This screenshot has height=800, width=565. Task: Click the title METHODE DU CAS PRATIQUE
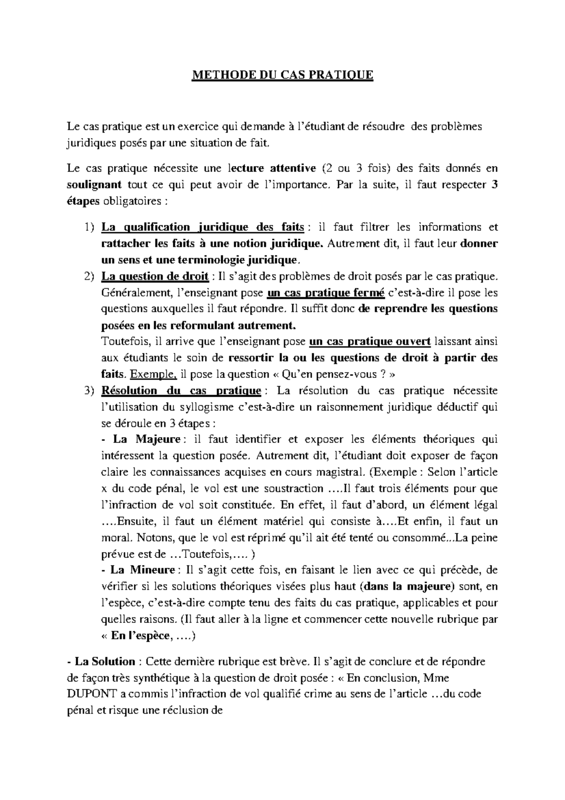pyautogui.click(x=282, y=75)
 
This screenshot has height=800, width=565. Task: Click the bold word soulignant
pyautogui.click(x=94, y=185)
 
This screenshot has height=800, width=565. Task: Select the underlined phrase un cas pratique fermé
pyautogui.click(x=326, y=293)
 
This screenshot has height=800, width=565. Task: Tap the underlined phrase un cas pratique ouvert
pyautogui.click(x=370, y=342)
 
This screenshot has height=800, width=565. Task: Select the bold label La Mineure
pyautogui.click(x=143, y=570)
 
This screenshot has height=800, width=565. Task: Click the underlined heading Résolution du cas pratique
pyautogui.click(x=181, y=391)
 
